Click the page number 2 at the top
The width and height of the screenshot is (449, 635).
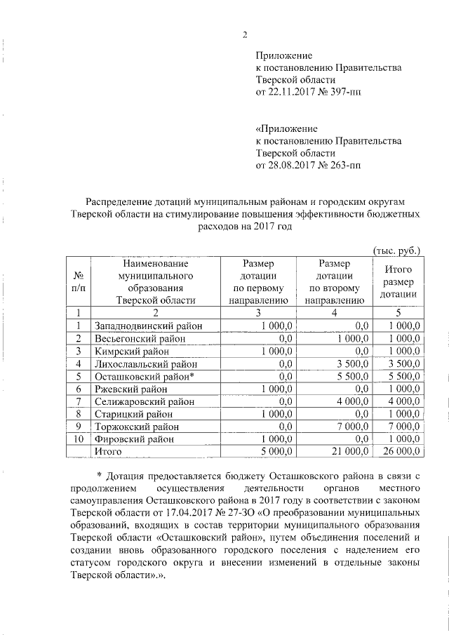pyautogui.click(x=245, y=36)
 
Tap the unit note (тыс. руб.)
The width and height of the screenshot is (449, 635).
pyautogui.click(x=395, y=250)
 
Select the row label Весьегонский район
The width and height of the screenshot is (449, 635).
pyautogui.click(x=135, y=338)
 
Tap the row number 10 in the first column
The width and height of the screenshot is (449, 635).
pyautogui.click(x=80, y=439)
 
